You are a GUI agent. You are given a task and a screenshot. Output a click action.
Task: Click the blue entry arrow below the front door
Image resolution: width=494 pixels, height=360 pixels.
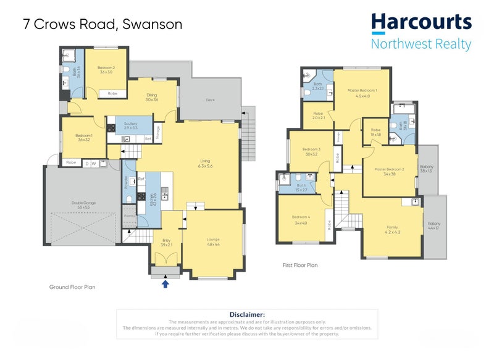click(x=165, y=284)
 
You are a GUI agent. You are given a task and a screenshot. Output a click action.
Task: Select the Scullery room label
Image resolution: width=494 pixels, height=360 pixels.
click(x=130, y=123)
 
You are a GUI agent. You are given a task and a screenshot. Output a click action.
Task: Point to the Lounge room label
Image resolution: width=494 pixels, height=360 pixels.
click(x=214, y=240)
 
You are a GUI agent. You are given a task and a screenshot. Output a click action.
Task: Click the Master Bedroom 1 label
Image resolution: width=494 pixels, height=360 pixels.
click(x=362, y=91)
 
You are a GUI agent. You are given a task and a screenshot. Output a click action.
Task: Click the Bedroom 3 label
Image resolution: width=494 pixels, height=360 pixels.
click(x=311, y=149)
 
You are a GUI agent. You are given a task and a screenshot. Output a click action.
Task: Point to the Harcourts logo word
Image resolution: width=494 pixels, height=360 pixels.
click(x=421, y=23)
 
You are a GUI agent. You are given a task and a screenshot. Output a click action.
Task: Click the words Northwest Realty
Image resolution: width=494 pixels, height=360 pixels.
click(x=421, y=44)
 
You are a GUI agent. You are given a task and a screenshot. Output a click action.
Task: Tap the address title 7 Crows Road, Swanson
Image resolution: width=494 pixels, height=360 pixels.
click(x=102, y=25)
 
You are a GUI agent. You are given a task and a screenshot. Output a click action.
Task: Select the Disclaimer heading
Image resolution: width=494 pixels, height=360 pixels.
click(x=247, y=315)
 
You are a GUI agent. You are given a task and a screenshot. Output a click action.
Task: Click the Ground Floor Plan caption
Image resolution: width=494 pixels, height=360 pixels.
click(x=72, y=287)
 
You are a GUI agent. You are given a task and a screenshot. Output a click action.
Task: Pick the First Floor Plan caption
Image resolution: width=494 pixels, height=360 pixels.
click(x=299, y=265)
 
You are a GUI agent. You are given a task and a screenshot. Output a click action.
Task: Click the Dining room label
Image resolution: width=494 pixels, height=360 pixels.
click(x=152, y=95)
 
